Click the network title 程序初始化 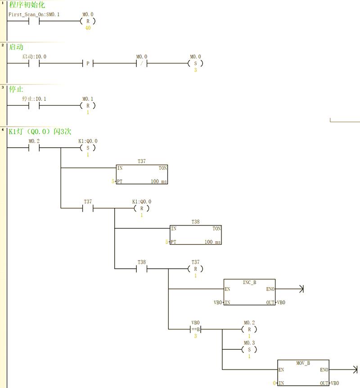pos(27,5)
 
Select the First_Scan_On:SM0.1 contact pos(34,21)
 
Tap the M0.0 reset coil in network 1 pos(88,21)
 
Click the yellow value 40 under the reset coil pos(88,28)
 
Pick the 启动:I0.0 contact pos(34,63)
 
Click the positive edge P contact pos(88,63)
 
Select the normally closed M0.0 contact pos(142,63)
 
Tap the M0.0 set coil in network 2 pos(195,63)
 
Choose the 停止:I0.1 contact pos(34,106)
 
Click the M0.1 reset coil pos(88,106)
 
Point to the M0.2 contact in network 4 pos(34,148)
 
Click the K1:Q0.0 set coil pos(88,148)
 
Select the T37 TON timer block pos(142,175)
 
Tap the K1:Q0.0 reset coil pos(142,208)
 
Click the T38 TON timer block pos(196,235)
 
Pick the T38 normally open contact pos(142,269)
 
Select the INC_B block pos(249,293)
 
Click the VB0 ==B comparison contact pos(195,329)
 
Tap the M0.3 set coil pos(249,350)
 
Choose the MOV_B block pos(303,373)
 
